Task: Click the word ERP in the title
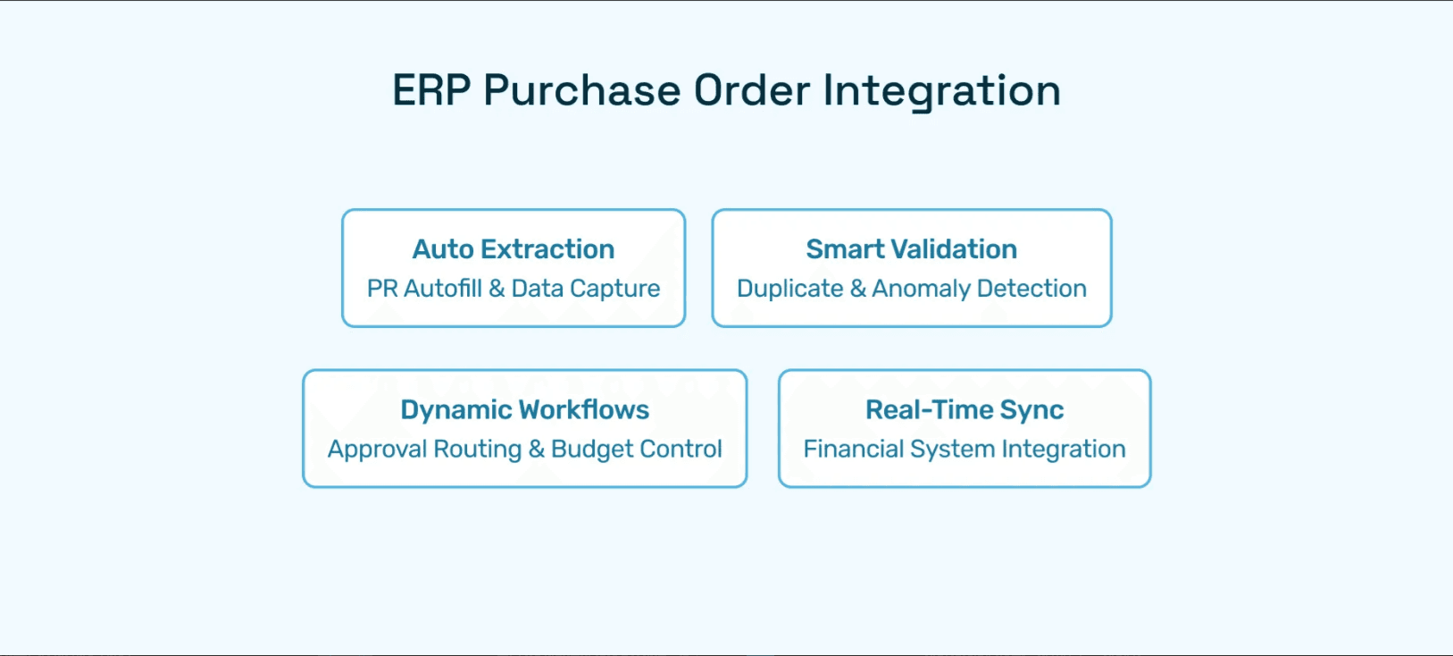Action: (431, 90)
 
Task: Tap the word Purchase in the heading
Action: (581, 90)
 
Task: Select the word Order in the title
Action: (752, 90)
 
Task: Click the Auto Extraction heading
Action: (514, 249)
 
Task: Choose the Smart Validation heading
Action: (911, 249)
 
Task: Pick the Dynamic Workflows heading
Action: (524, 410)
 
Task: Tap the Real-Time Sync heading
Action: (964, 410)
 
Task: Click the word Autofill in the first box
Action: (443, 289)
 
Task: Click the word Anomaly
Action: (921, 290)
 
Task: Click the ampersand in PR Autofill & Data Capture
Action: (497, 289)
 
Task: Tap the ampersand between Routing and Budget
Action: (536, 449)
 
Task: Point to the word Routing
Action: (478, 450)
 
